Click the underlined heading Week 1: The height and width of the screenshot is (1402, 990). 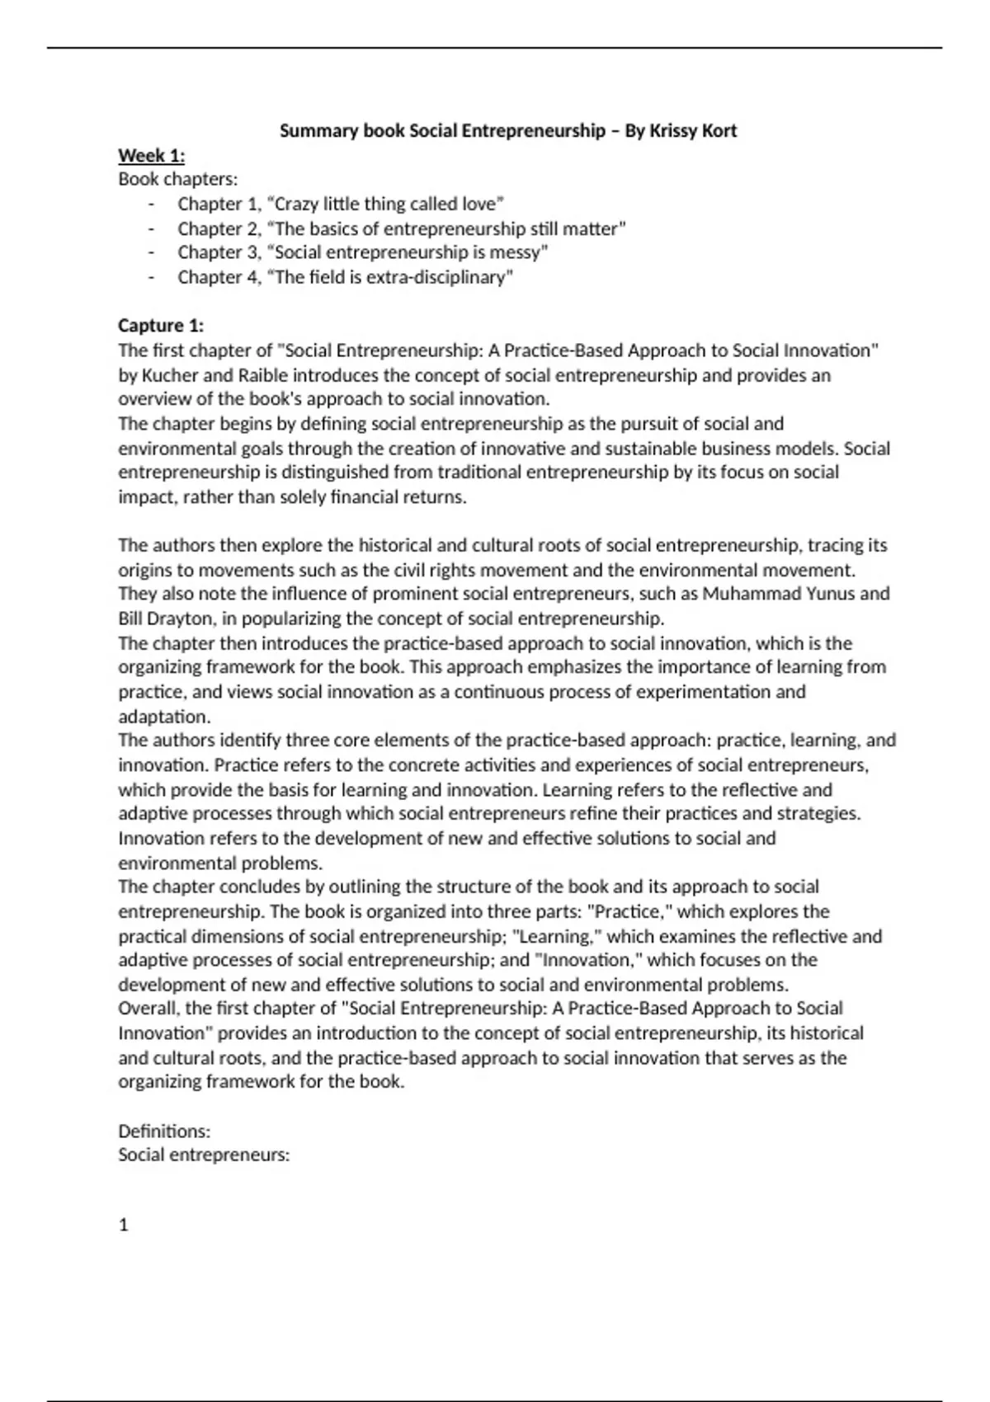(x=152, y=156)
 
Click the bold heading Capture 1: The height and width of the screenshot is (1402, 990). (x=161, y=325)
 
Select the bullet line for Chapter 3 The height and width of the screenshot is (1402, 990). (x=363, y=252)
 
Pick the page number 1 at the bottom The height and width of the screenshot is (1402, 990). (x=124, y=1226)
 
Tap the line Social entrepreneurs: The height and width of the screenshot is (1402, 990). (x=204, y=1155)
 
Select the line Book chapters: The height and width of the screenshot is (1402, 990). (x=177, y=179)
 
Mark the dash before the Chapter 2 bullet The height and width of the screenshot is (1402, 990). (x=152, y=228)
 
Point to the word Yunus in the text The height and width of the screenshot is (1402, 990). (x=831, y=594)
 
